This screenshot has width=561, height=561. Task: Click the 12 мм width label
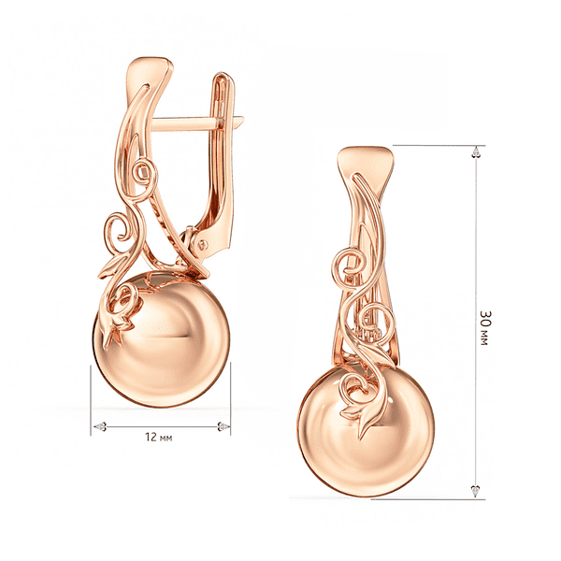click(159, 438)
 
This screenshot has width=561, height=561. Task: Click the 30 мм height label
click(484, 328)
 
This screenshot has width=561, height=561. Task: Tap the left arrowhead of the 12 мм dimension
click(100, 426)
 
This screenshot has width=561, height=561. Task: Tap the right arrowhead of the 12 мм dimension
click(224, 426)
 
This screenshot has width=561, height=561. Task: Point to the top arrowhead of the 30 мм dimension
click(476, 151)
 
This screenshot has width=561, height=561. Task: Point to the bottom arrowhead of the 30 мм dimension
click(476, 491)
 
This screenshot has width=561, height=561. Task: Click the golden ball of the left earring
click(162, 339)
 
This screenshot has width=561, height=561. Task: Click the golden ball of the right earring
click(366, 429)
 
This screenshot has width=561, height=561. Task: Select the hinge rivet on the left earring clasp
click(203, 245)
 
